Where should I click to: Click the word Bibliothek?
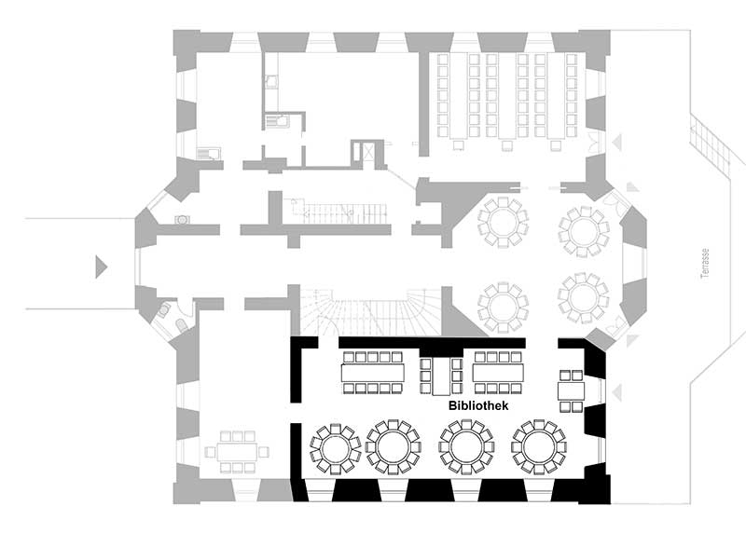coord(478,405)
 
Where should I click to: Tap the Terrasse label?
coord(705,263)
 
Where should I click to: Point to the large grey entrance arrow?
coord(102,266)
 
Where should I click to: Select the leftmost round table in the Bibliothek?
coord(336,448)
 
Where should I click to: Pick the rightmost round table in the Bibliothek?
coord(539,447)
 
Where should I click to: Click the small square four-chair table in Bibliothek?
coord(571,390)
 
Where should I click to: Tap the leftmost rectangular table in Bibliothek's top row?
coord(372,373)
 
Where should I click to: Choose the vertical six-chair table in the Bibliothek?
coord(441,376)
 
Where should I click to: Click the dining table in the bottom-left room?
coord(237,452)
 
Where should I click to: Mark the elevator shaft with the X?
coord(368,152)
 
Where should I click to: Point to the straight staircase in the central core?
coord(339,213)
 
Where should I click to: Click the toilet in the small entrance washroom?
coord(182,326)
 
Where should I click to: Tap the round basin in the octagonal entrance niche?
coord(182,219)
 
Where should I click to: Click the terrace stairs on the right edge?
coord(710,143)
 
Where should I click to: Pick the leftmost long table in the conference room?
coord(459,96)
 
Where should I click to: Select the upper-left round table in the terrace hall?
coord(503,223)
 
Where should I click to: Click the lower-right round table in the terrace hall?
coord(583,297)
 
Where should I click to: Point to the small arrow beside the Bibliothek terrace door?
coord(617,392)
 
